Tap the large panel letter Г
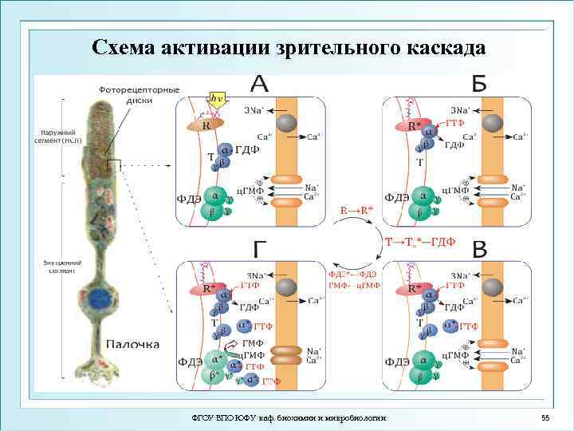point(261,249)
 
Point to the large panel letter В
point(479,249)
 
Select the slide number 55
point(545,418)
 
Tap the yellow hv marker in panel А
point(216,98)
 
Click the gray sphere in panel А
point(286,123)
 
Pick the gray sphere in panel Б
point(494,123)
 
